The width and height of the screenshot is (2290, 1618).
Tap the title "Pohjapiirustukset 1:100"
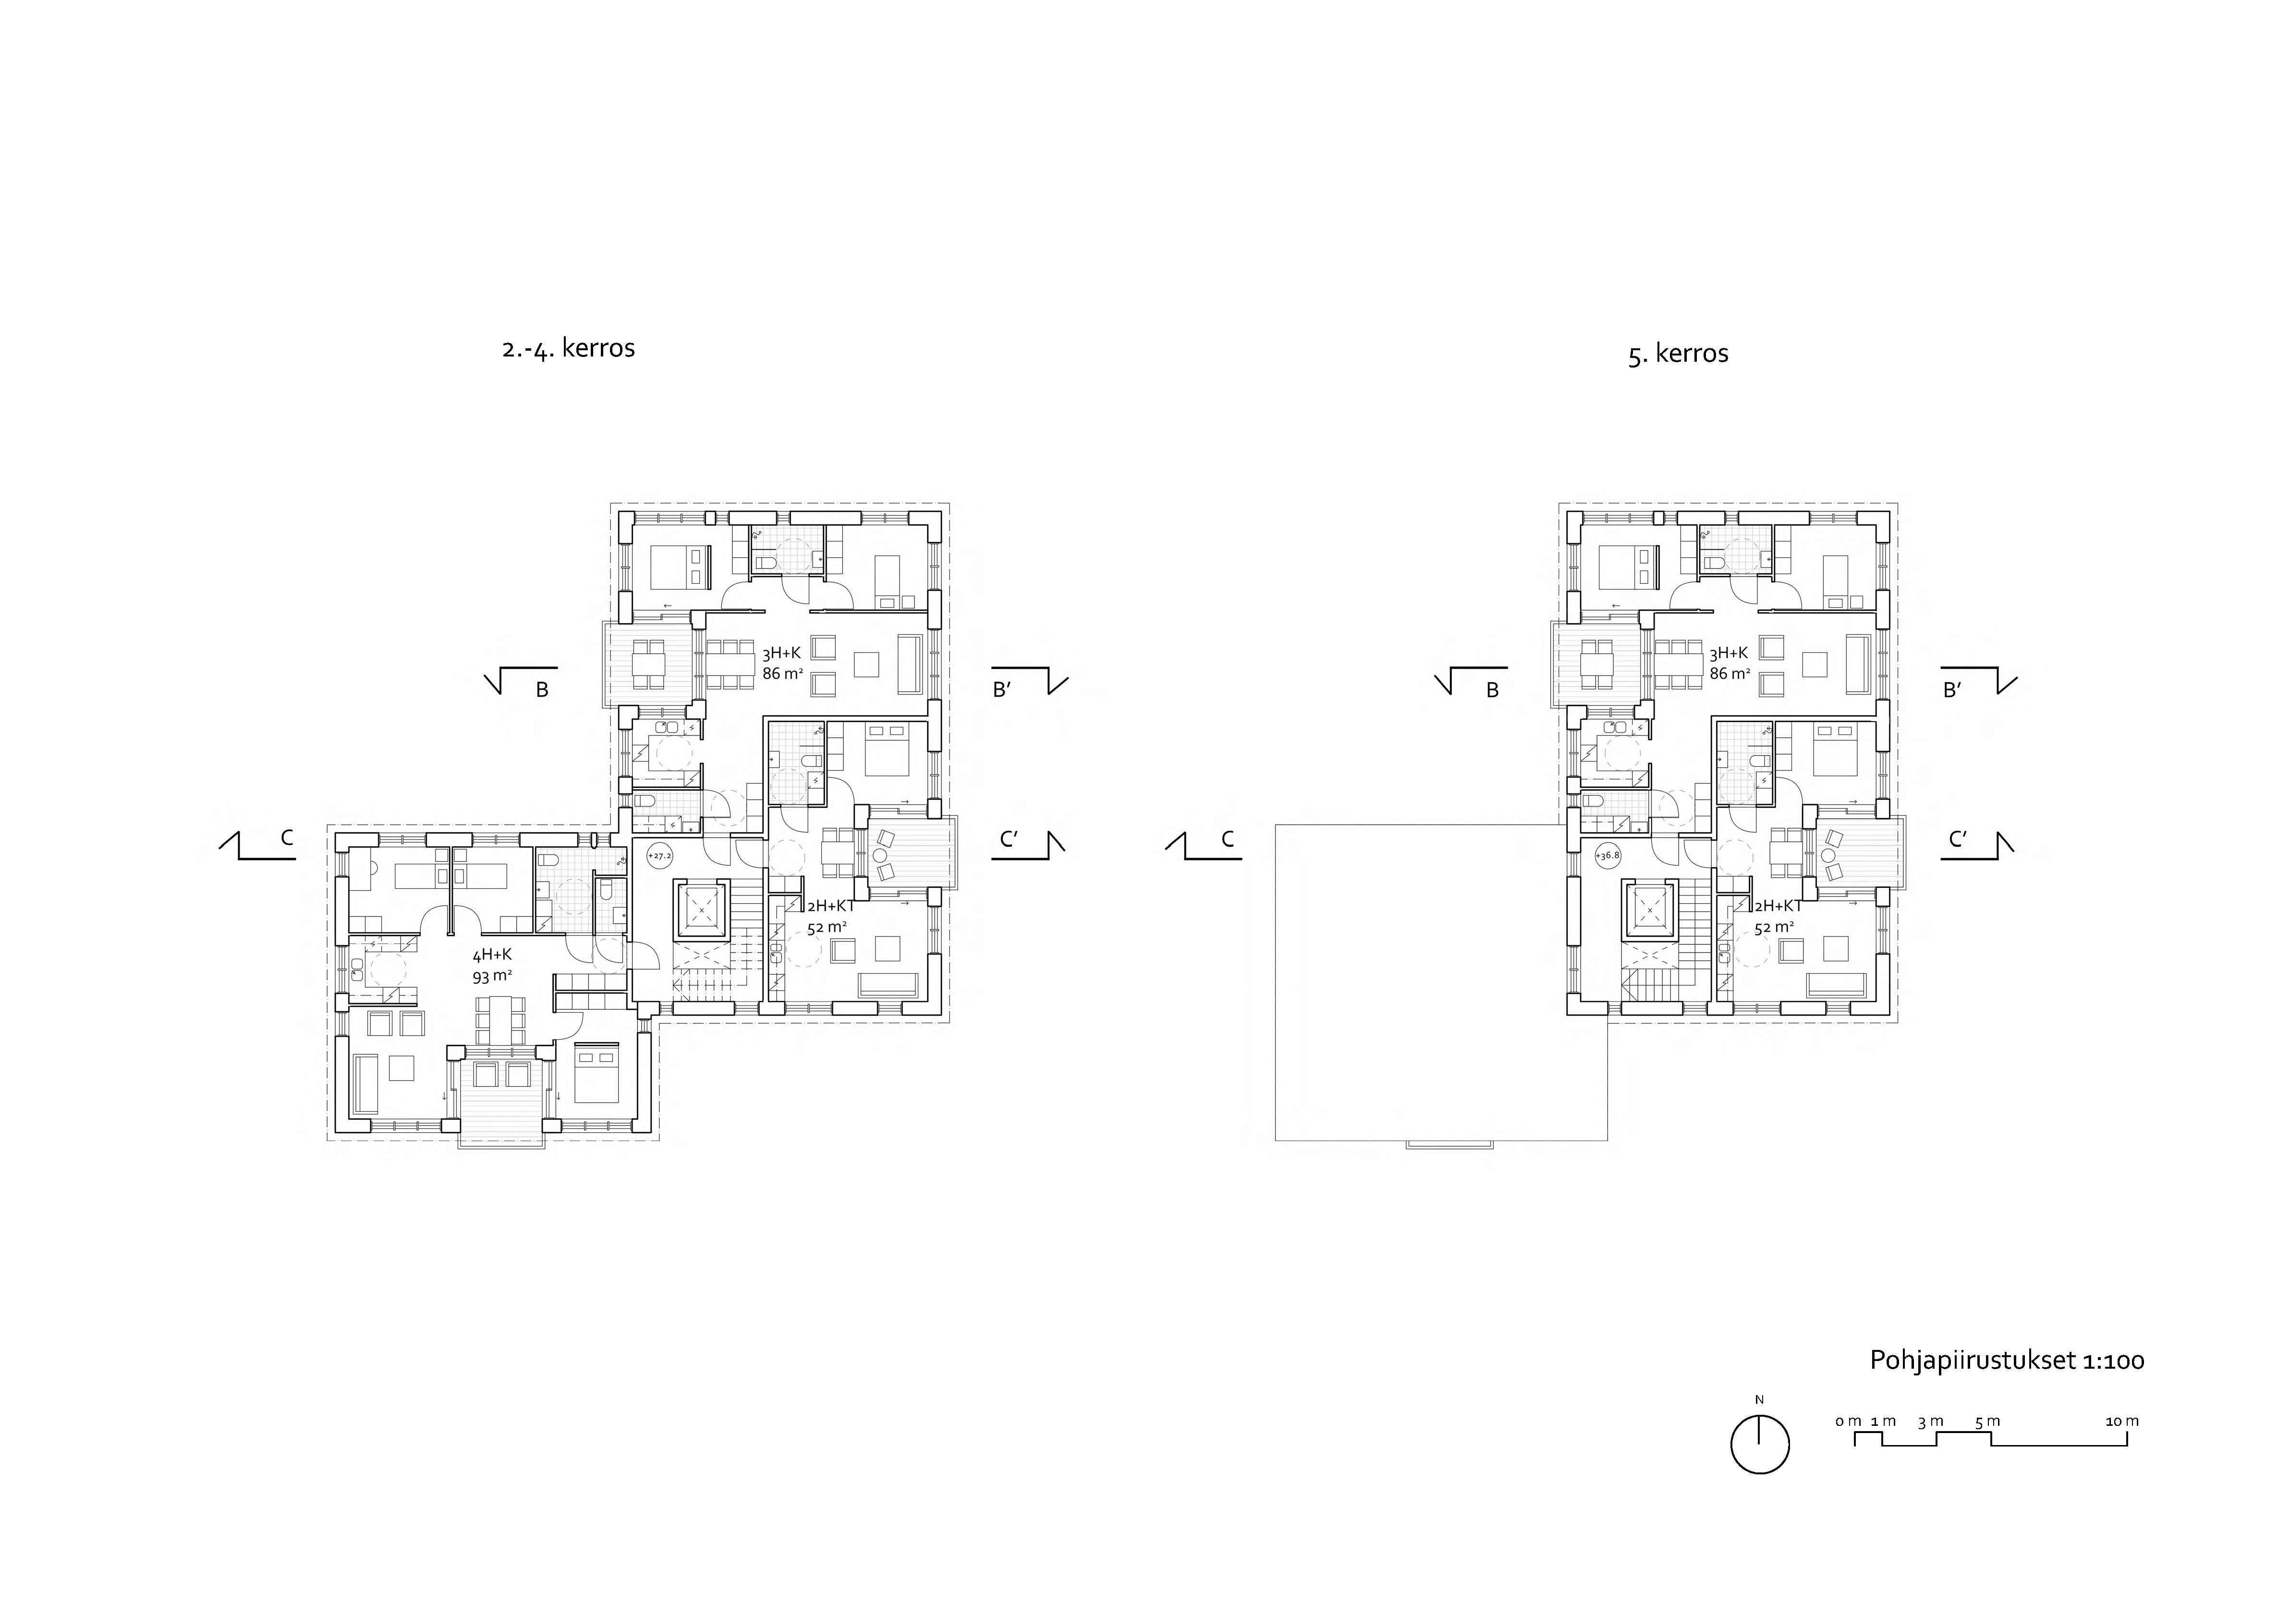2007,1361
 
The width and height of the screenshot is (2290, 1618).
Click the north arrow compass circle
1760,1445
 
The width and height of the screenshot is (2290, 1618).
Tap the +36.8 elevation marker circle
1608,855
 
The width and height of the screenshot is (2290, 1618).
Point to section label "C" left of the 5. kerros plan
1228,840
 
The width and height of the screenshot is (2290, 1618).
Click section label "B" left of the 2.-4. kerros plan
543,689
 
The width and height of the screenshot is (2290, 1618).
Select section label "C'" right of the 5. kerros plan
1958,840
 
